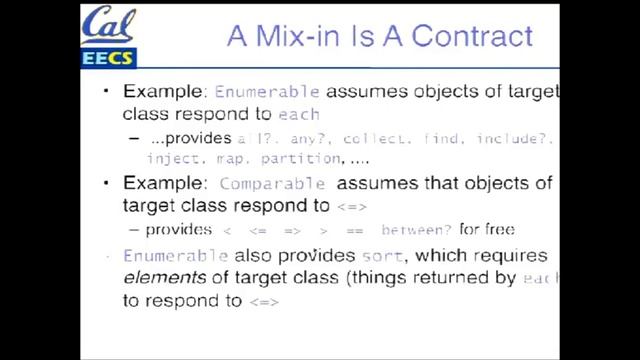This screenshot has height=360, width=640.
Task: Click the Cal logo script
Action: pos(109,23)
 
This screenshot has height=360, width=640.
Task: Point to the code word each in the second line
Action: pos(299,114)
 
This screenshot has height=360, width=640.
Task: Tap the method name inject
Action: pos(171,159)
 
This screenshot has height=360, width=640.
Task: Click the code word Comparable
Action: pos(272,184)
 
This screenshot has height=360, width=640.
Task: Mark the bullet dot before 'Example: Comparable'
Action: pos(109,184)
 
